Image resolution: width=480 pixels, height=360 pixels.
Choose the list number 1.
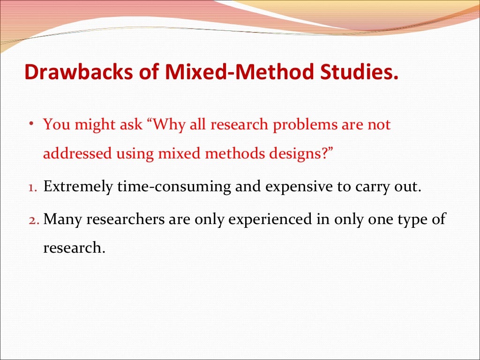31,188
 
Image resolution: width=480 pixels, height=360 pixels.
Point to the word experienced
271,219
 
